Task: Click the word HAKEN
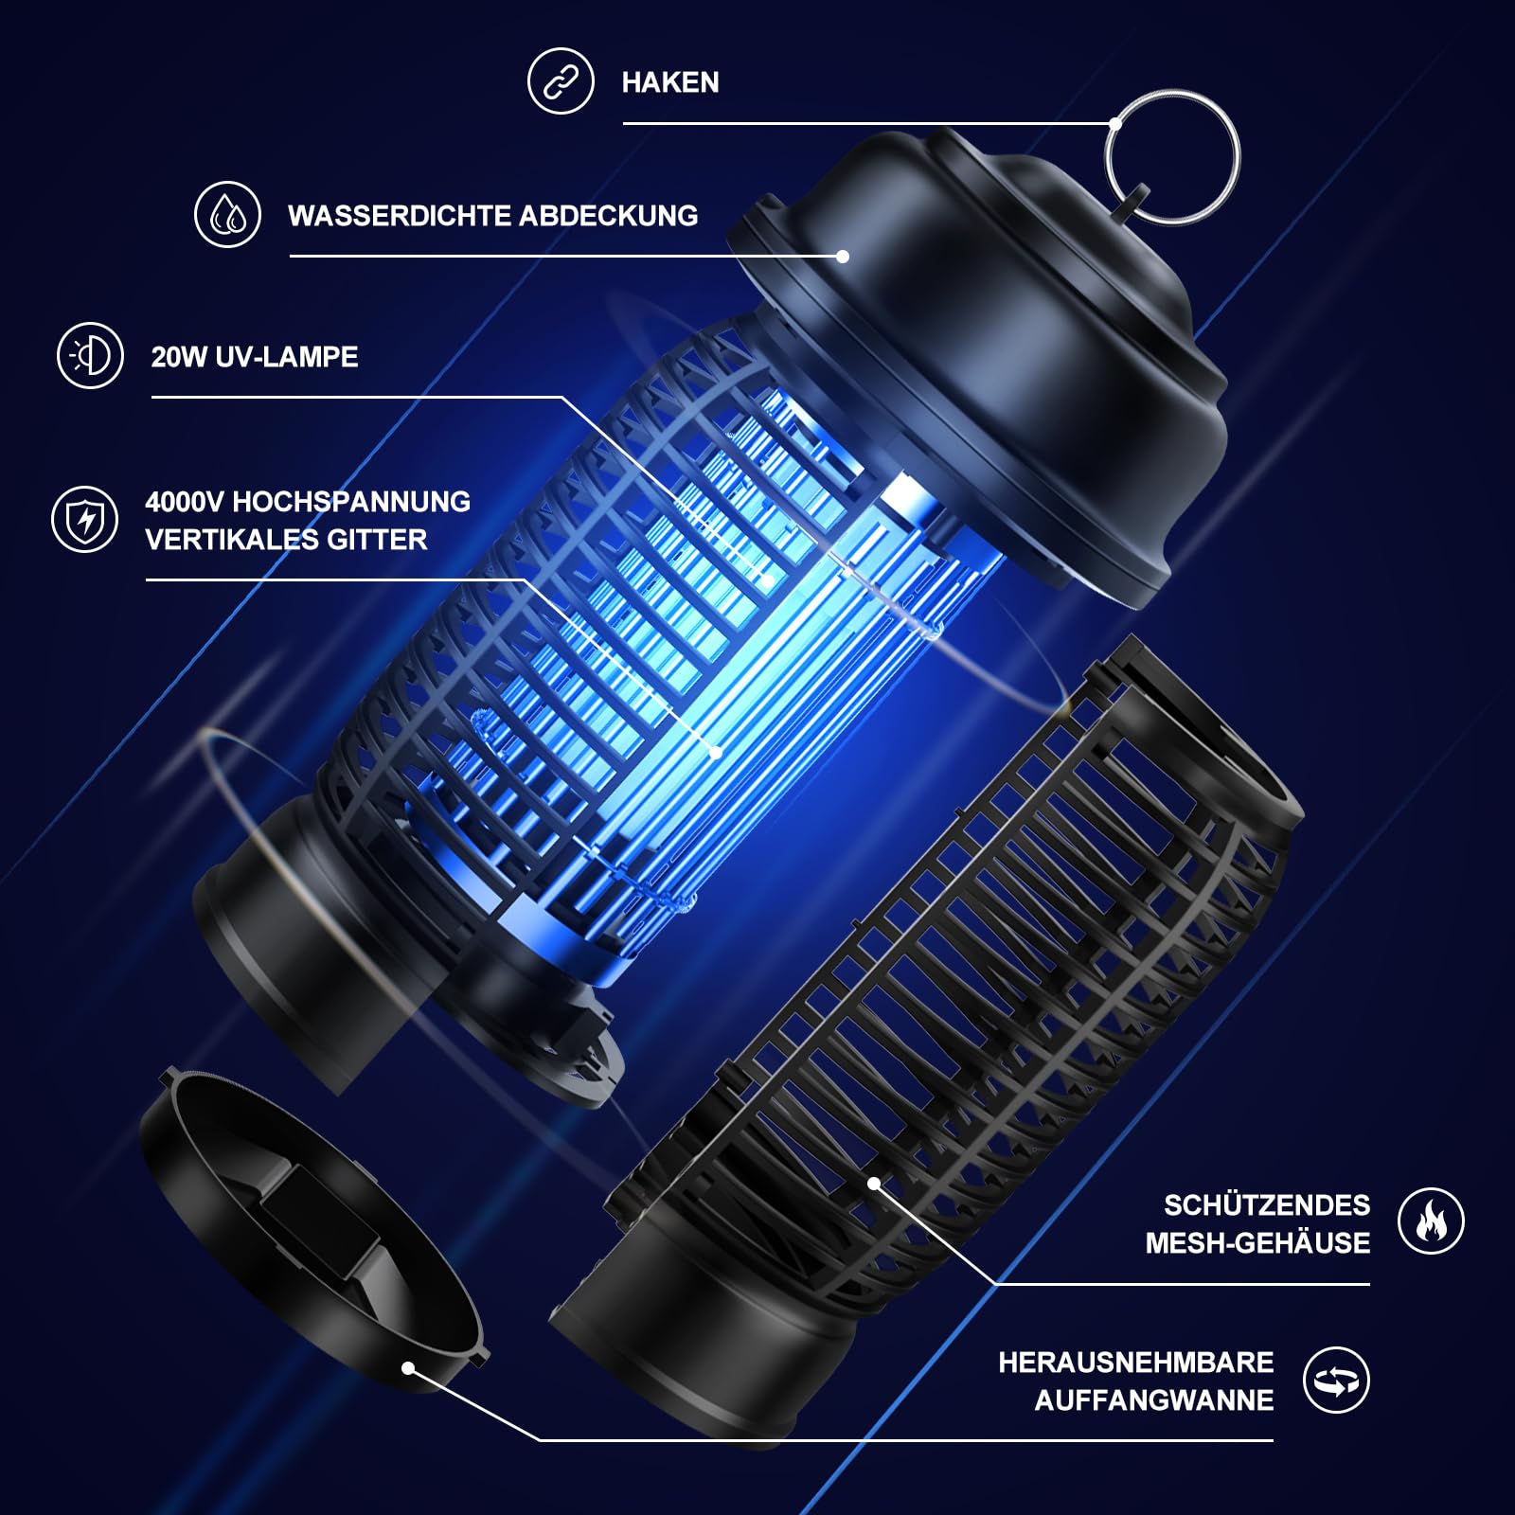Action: click(670, 82)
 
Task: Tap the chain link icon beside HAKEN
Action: click(561, 80)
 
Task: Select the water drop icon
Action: click(227, 215)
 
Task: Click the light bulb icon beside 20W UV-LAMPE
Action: click(90, 356)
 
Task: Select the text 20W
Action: click(180, 357)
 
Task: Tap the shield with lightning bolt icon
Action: click(84, 519)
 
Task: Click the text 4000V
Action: click(184, 502)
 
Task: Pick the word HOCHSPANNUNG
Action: click(351, 502)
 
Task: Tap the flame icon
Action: click(1431, 1221)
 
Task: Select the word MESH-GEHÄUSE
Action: click(1257, 1243)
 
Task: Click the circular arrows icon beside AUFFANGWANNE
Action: click(1336, 1381)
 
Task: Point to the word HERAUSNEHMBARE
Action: click(1136, 1363)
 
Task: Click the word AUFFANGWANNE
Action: click(1154, 1400)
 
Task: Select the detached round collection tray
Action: click(312, 1231)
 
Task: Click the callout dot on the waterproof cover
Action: click(843, 256)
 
